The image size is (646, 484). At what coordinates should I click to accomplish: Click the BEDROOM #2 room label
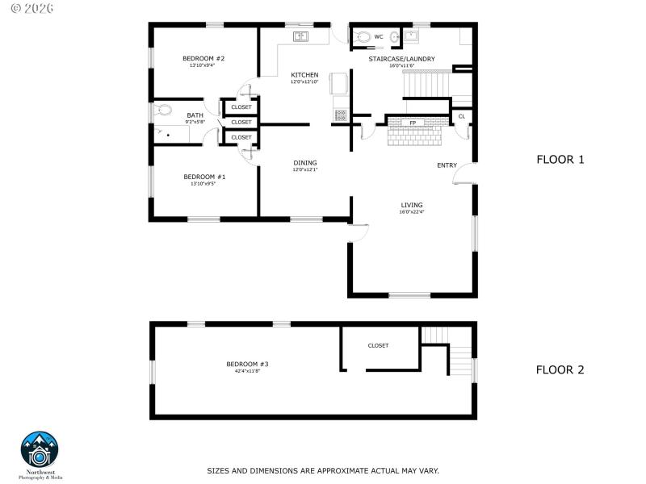click(203, 58)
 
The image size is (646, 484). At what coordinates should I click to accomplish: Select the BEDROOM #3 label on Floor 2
click(246, 365)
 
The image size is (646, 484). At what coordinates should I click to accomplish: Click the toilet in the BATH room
click(164, 111)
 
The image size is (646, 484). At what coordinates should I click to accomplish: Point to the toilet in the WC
click(363, 36)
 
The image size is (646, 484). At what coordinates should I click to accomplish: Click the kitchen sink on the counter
click(300, 36)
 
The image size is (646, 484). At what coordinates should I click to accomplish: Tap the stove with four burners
click(340, 114)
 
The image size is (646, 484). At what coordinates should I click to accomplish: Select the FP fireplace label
click(413, 123)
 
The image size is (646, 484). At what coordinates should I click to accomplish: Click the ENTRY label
click(447, 165)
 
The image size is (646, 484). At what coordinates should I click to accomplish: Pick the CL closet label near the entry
click(462, 116)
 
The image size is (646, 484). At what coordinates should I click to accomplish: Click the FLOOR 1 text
click(560, 160)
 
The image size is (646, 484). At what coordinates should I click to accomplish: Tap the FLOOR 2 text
click(560, 370)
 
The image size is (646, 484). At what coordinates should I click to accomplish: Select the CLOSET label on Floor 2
click(378, 345)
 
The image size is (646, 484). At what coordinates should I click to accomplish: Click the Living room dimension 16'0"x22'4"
click(411, 212)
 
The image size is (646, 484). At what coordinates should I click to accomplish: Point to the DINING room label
click(304, 162)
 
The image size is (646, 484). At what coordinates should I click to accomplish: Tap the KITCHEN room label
click(304, 75)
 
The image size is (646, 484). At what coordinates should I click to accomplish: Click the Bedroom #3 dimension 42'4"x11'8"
click(246, 372)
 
